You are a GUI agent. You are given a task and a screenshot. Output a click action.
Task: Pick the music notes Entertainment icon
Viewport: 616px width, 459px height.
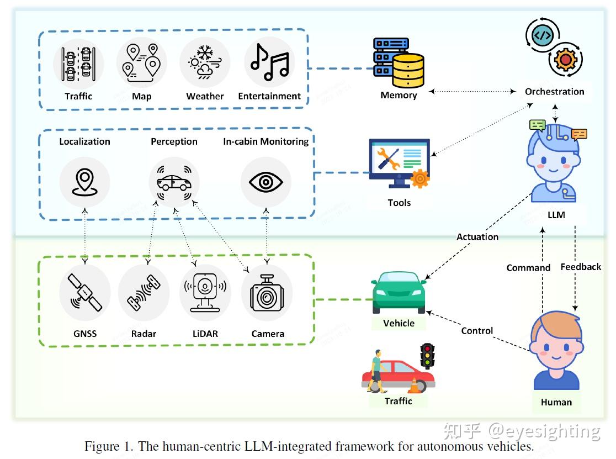(x=269, y=62)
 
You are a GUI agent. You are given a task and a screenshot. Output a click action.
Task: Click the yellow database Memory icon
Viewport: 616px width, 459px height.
(x=399, y=63)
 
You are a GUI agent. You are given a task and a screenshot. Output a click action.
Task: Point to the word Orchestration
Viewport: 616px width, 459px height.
(x=554, y=92)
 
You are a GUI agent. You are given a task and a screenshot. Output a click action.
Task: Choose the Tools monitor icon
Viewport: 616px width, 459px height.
(x=399, y=163)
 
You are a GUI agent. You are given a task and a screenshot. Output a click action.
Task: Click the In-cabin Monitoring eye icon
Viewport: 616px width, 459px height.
(x=266, y=182)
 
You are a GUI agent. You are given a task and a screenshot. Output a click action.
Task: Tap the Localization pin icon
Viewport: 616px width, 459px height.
(x=84, y=182)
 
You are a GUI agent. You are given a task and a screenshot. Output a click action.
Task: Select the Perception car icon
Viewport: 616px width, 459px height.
(x=174, y=182)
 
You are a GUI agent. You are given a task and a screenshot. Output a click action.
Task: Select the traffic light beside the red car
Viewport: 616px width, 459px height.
(x=427, y=356)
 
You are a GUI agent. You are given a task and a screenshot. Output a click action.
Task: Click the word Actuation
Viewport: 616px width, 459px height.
(x=477, y=237)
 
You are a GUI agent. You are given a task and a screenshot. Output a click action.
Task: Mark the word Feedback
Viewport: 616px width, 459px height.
(x=581, y=267)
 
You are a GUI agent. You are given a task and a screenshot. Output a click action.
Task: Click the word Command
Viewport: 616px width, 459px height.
(x=528, y=268)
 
